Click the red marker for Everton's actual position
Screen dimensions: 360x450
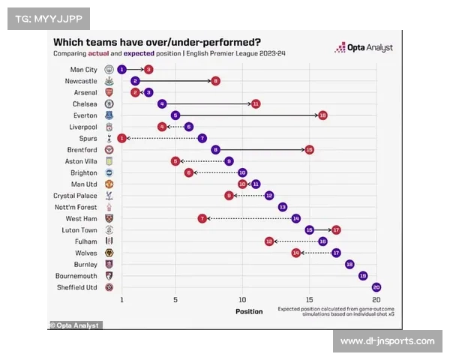(322, 115)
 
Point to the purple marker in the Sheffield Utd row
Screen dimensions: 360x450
(376, 287)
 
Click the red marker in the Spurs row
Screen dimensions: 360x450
(121, 139)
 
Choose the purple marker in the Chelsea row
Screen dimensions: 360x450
(162, 104)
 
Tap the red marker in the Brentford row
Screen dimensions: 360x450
(309, 150)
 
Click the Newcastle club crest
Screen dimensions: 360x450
(109, 81)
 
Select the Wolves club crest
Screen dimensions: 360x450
(109, 253)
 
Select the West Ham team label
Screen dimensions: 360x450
(81, 218)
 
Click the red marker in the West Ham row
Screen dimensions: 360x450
(202, 218)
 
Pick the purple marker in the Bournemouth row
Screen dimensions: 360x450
(363, 276)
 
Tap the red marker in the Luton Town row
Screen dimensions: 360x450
(336, 230)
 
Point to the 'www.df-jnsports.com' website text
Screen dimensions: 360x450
(387, 341)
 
